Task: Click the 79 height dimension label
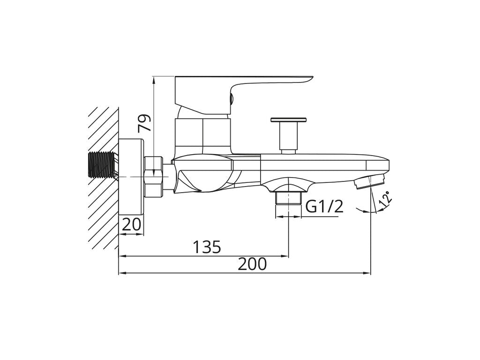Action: pyautogui.click(x=144, y=123)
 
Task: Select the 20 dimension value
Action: pyautogui.click(x=131, y=225)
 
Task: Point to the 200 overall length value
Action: pyautogui.click(x=253, y=264)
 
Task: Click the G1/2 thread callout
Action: pyautogui.click(x=324, y=207)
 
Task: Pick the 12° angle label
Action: pyautogui.click(x=386, y=198)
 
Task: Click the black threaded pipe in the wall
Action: pyautogui.click(x=101, y=165)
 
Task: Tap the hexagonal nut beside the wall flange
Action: pyautogui.click(x=153, y=176)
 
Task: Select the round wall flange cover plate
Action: pyautogui.click(x=131, y=176)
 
